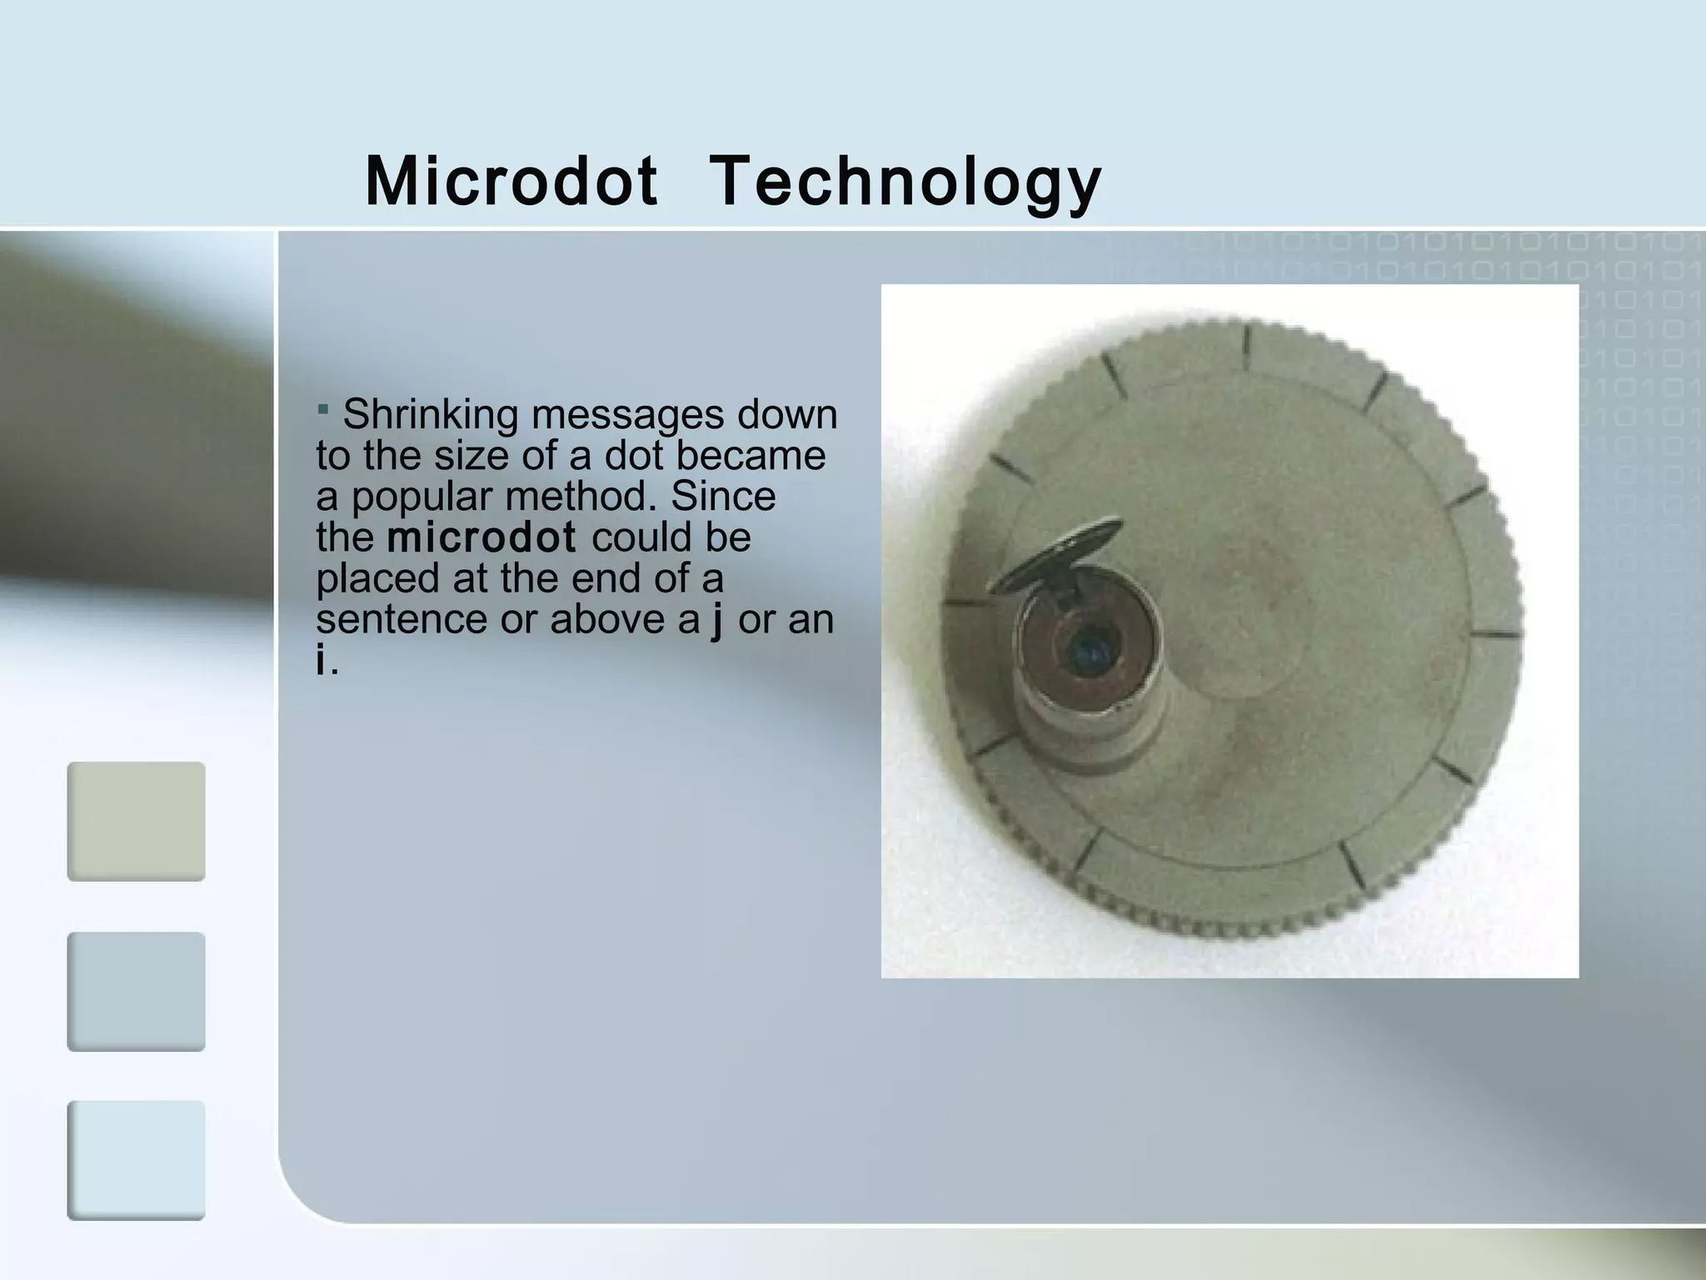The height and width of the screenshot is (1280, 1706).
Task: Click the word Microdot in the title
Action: tap(511, 182)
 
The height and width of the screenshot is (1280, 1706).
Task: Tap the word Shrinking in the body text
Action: tap(429, 415)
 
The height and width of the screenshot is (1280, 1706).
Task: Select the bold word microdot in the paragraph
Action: tap(481, 537)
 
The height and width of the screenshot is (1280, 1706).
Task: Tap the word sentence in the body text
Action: tap(401, 619)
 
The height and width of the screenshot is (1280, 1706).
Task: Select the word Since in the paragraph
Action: tap(723, 497)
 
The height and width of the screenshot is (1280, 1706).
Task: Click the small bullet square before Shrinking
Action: tap(323, 408)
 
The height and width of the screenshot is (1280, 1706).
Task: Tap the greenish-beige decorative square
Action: tap(136, 821)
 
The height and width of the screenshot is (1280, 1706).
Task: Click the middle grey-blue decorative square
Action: tap(136, 991)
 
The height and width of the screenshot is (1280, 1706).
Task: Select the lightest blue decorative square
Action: tap(136, 1160)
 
